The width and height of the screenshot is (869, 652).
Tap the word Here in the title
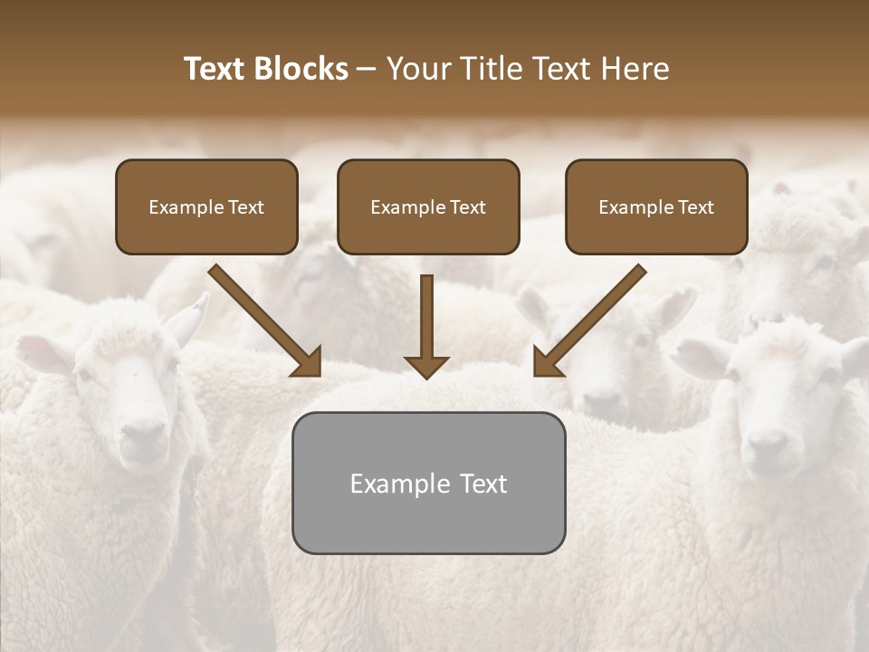pos(633,69)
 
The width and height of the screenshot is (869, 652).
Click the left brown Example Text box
pos(206,206)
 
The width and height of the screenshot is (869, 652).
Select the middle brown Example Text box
pos(428,206)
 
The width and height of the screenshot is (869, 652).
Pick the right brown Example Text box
pos(656,206)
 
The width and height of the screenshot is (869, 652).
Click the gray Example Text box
pos(428,483)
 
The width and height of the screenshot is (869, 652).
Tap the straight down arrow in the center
pos(425,321)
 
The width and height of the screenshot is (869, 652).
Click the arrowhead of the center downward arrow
pos(425,366)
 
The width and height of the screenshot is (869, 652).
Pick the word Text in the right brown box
pos(696,206)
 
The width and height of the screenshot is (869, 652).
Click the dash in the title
pos(368,69)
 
